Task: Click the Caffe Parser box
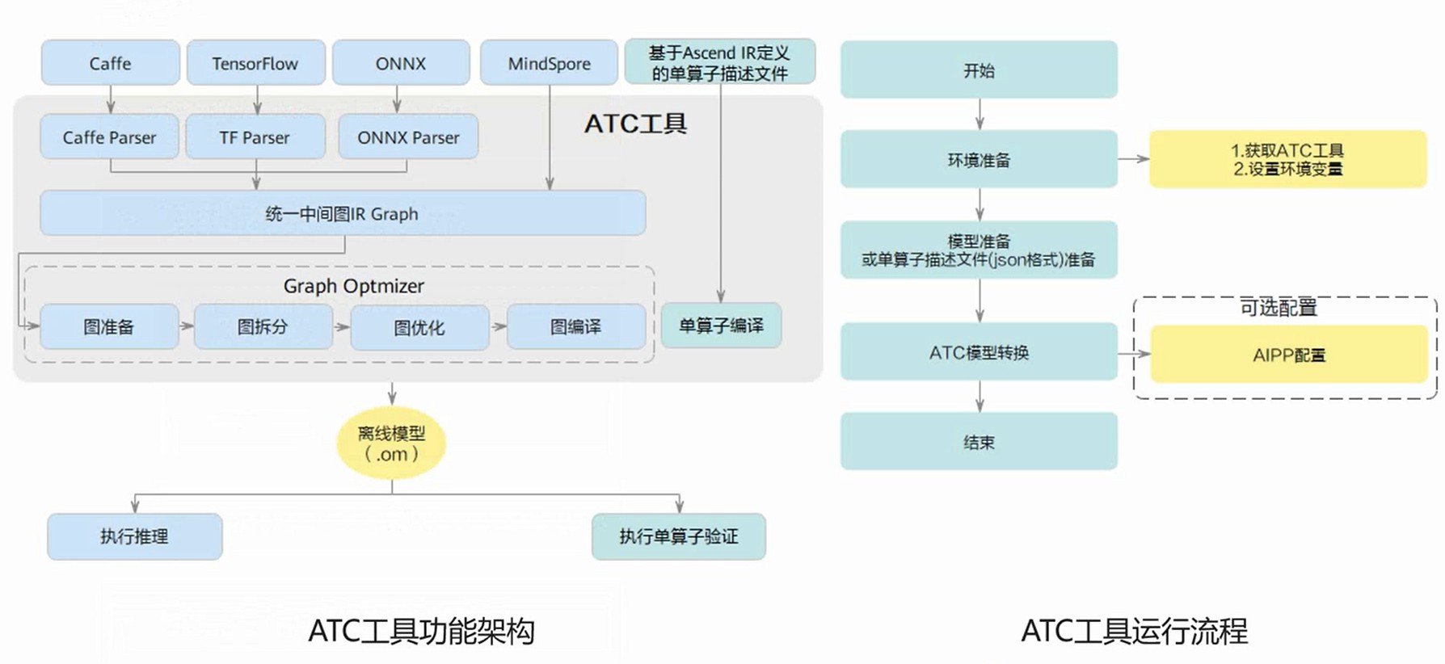coord(109,137)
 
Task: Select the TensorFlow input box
coord(255,63)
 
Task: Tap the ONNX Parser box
coord(408,137)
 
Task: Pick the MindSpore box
coord(549,63)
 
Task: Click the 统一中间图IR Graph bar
coord(343,214)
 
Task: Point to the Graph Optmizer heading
coord(353,286)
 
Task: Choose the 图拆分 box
coord(263,327)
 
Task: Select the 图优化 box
coord(419,328)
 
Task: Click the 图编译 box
coord(575,327)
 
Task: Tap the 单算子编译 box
coord(721,326)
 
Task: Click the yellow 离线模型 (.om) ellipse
coord(391,443)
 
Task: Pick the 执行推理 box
coord(134,536)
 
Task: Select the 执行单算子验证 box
coord(678,536)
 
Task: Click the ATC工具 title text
coord(635,124)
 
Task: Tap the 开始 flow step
coord(979,70)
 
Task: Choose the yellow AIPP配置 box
coord(1289,355)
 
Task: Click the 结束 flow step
coord(979,442)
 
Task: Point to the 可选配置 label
coord(1279,308)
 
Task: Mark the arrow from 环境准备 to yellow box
coord(1133,159)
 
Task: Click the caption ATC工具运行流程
coord(1134,631)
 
